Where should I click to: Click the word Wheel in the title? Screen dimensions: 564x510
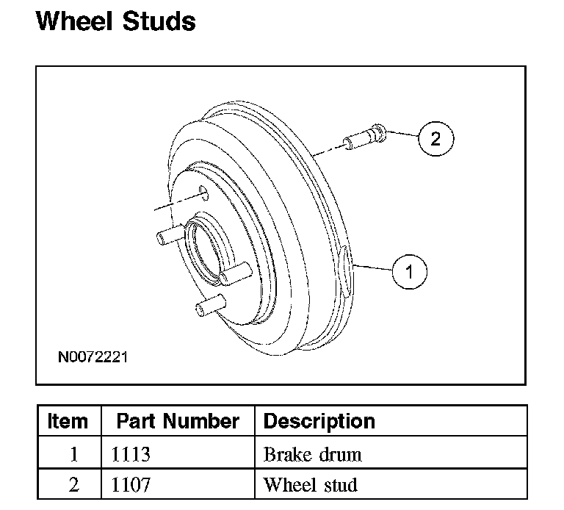pyautogui.click(x=74, y=21)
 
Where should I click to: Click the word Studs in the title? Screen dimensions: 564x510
pyautogui.click(x=159, y=21)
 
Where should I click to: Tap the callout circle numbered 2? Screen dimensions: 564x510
pyautogui.click(x=436, y=139)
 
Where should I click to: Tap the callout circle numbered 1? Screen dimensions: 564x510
pyautogui.click(x=410, y=272)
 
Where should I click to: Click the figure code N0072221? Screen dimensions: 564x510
pyautogui.click(x=93, y=357)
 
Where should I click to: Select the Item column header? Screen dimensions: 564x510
pyautogui.click(x=68, y=421)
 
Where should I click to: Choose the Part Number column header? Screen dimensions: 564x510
pyautogui.click(x=178, y=421)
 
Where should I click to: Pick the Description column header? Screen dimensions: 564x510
pyautogui.click(x=319, y=421)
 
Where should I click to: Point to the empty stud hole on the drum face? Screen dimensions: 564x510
pyautogui.click(x=203, y=193)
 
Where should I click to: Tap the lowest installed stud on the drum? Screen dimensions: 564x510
pyautogui.click(x=211, y=305)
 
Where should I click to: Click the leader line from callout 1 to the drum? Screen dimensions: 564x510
pyautogui.click(x=372, y=267)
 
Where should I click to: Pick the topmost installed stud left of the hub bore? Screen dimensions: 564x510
pyautogui.click(x=170, y=234)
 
